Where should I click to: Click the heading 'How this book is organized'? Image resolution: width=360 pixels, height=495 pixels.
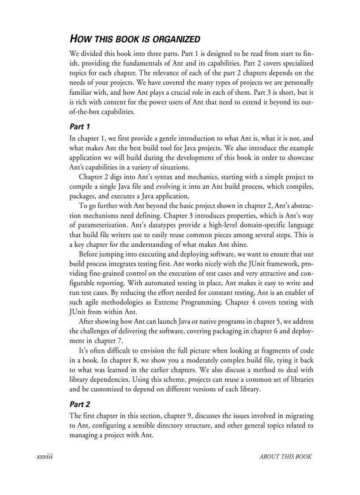pos(135,39)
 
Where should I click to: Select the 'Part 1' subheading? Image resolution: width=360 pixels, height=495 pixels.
pos(80,127)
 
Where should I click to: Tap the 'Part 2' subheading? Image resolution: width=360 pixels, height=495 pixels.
pos(80,404)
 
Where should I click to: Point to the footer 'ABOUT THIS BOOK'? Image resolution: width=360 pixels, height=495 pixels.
pos(285,457)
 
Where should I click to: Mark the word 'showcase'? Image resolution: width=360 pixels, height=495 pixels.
pos(300,157)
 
